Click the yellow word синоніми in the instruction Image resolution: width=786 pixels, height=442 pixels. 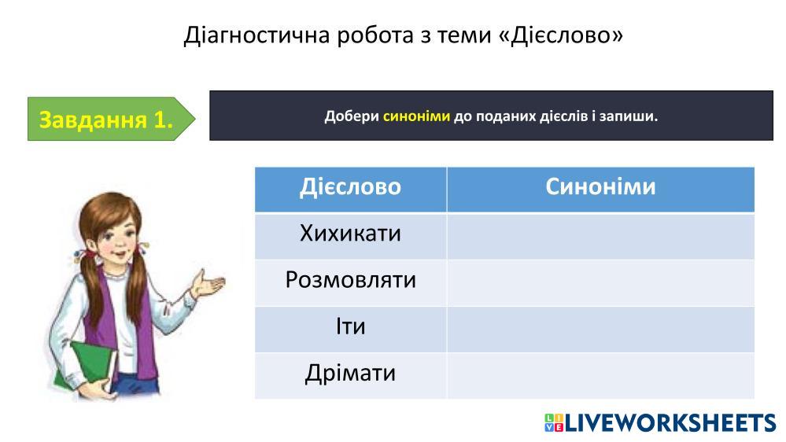416,116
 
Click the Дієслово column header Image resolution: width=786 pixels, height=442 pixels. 350,189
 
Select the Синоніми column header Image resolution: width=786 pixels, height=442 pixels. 600,189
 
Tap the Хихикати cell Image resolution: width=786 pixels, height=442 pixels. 350,236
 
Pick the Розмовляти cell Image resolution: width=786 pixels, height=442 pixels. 350,282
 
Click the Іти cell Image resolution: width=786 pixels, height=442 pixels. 350,330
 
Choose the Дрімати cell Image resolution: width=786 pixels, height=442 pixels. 350,376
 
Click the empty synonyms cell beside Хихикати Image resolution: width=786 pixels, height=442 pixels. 600,236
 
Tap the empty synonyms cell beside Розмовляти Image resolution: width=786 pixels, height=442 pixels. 600,282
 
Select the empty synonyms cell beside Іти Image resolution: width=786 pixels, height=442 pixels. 600,330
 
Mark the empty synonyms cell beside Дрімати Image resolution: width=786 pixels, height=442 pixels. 600,376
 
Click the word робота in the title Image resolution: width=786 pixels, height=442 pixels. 375,35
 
